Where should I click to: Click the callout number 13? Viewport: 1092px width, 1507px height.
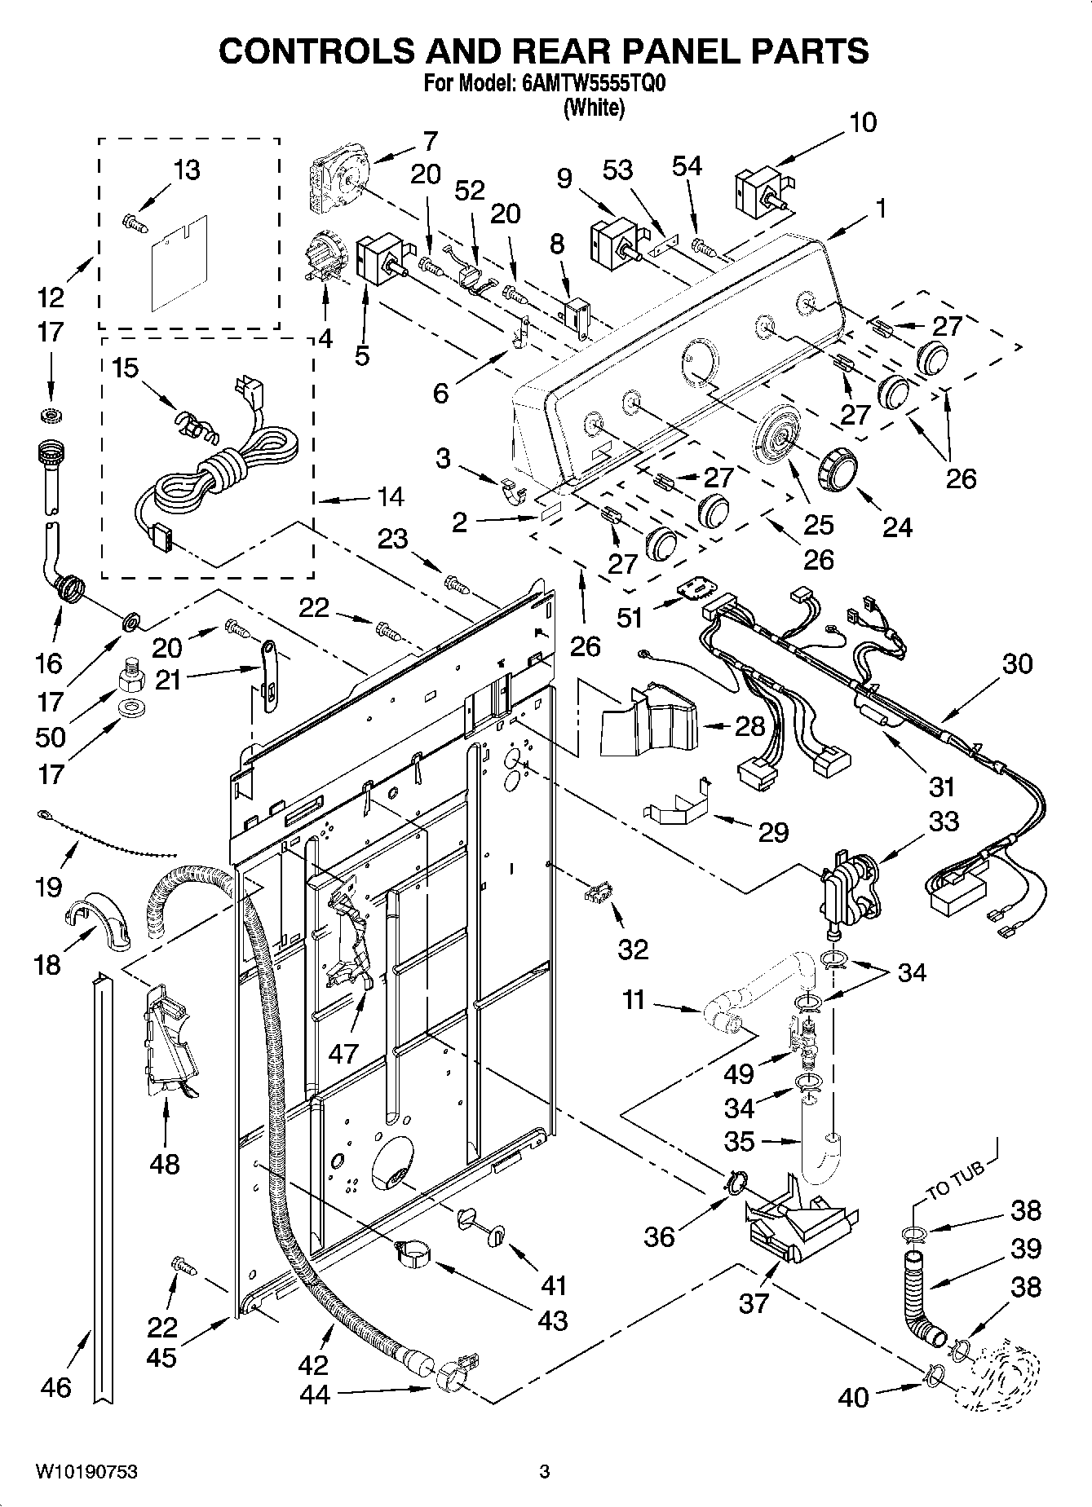coord(187,170)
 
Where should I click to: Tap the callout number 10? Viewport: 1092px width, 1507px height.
coord(863,122)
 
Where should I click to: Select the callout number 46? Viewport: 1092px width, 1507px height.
coord(55,1386)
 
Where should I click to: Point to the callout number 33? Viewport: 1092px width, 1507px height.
coord(944,821)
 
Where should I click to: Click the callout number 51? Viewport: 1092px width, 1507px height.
coord(629,618)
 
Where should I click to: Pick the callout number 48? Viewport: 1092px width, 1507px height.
coord(165,1163)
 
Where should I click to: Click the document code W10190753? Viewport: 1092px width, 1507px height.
coord(86,1471)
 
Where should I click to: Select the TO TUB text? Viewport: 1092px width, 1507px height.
coord(955,1179)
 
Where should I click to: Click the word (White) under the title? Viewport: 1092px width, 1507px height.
coord(595,107)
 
